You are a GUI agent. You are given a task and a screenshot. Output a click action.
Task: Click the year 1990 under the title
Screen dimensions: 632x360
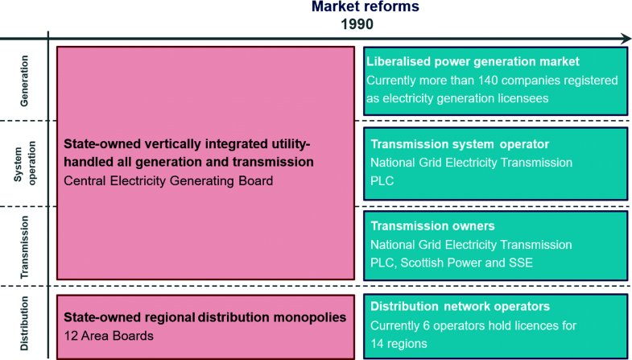coord(357,24)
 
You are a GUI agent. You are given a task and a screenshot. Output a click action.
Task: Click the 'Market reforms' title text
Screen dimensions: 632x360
coord(366,6)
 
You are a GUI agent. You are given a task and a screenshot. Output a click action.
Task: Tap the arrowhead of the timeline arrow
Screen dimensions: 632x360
coord(626,39)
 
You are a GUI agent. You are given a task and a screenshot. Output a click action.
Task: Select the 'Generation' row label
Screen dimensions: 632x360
coord(25,81)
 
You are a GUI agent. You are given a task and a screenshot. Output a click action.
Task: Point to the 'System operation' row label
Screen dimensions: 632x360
coord(25,163)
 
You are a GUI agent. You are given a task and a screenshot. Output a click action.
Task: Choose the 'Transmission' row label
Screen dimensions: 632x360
coord(25,246)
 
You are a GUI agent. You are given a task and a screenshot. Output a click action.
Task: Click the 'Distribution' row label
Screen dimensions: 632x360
coord(25,323)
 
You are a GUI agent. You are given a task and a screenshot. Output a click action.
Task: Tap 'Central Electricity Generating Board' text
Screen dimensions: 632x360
coord(168,180)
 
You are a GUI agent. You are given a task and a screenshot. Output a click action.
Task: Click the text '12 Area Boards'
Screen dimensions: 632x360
coord(109,336)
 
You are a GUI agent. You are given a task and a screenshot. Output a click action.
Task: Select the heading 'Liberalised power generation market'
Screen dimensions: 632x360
coord(473,62)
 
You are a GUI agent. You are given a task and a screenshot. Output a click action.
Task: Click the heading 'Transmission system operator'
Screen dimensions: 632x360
coord(460,144)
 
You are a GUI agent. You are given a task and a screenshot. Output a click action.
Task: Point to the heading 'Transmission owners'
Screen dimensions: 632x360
coord(432,226)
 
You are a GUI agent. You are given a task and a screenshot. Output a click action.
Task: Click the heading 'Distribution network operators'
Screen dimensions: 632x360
coord(460,306)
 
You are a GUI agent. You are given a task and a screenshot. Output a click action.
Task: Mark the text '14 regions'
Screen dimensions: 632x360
coord(399,344)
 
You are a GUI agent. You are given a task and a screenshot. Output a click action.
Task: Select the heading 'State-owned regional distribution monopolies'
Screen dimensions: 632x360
coord(204,317)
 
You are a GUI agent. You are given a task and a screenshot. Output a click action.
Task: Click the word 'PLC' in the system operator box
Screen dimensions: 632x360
coord(382,180)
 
